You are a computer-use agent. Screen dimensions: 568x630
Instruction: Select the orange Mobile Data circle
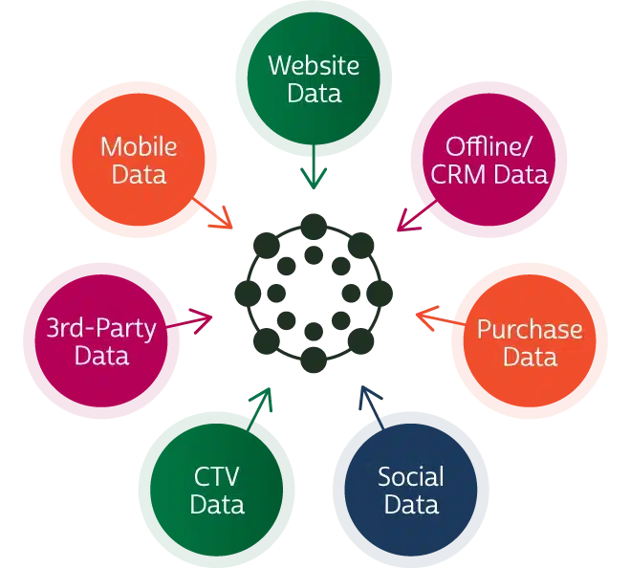pyautogui.click(x=139, y=161)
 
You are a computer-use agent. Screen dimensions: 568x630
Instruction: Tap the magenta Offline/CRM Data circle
pyautogui.click(x=489, y=161)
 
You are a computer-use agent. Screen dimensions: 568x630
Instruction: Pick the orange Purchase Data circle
pyautogui.click(x=529, y=342)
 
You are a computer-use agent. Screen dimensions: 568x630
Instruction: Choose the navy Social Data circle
pyautogui.click(x=410, y=490)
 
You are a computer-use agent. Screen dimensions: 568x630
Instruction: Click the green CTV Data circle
pyautogui.click(x=217, y=490)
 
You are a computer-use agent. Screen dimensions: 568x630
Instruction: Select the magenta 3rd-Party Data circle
pyautogui.click(x=101, y=342)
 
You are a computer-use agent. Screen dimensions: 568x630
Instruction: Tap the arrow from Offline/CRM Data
pyautogui.click(x=410, y=220)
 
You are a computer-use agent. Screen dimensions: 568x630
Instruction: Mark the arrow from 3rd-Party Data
pyautogui.click(x=195, y=321)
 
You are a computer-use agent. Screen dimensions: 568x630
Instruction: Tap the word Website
pyautogui.click(x=314, y=66)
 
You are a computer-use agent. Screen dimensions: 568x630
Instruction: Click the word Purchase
pyautogui.click(x=529, y=330)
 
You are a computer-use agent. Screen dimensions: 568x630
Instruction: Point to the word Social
pyautogui.click(x=410, y=476)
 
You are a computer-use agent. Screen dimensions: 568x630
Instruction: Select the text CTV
pyautogui.click(x=217, y=476)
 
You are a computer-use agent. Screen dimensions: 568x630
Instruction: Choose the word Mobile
pyautogui.click(x=139, y=147)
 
